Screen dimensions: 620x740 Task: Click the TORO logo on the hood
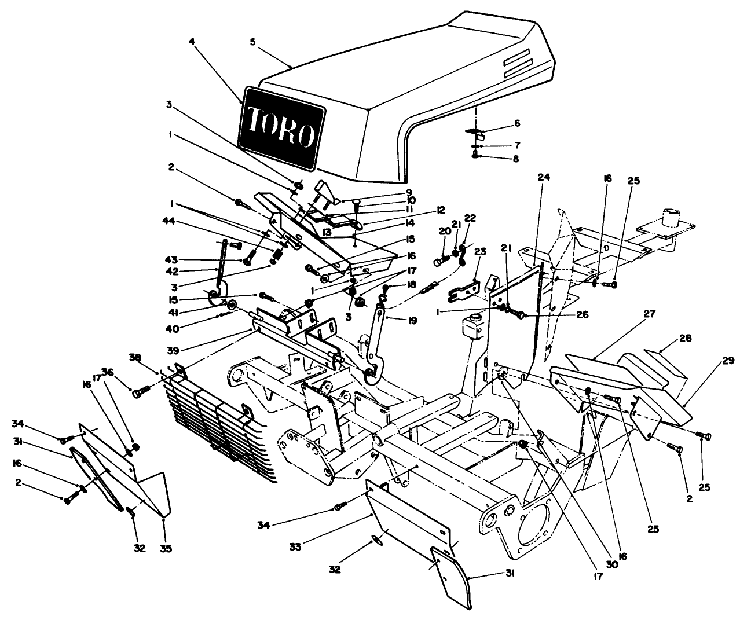281,127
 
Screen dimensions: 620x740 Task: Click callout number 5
253,42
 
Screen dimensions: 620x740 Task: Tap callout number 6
518,123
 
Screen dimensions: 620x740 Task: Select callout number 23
479,251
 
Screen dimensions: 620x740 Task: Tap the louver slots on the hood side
516,64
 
